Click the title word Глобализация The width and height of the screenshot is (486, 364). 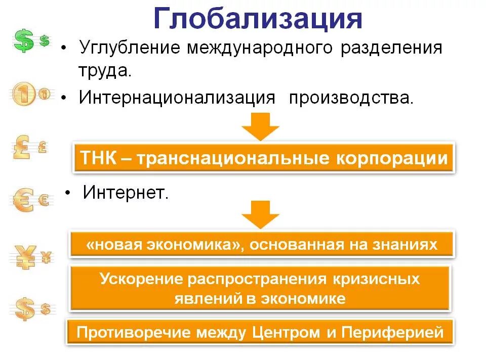[258, 19]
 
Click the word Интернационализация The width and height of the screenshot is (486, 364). [177, 98]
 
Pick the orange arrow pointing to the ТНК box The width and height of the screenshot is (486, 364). [260, 126]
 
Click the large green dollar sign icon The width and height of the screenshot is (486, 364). [23, 41]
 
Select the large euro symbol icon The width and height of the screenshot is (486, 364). [23, 201]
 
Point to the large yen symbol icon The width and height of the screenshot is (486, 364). [23, 257]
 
